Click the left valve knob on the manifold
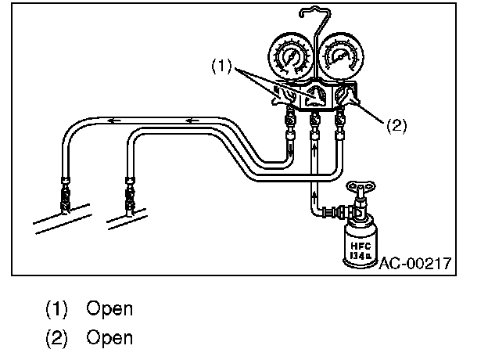[279, 98]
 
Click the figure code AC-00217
[415, 264]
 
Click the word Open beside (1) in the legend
[109, 308]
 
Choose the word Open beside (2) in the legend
[109, 338]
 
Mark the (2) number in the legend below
[56, 338]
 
